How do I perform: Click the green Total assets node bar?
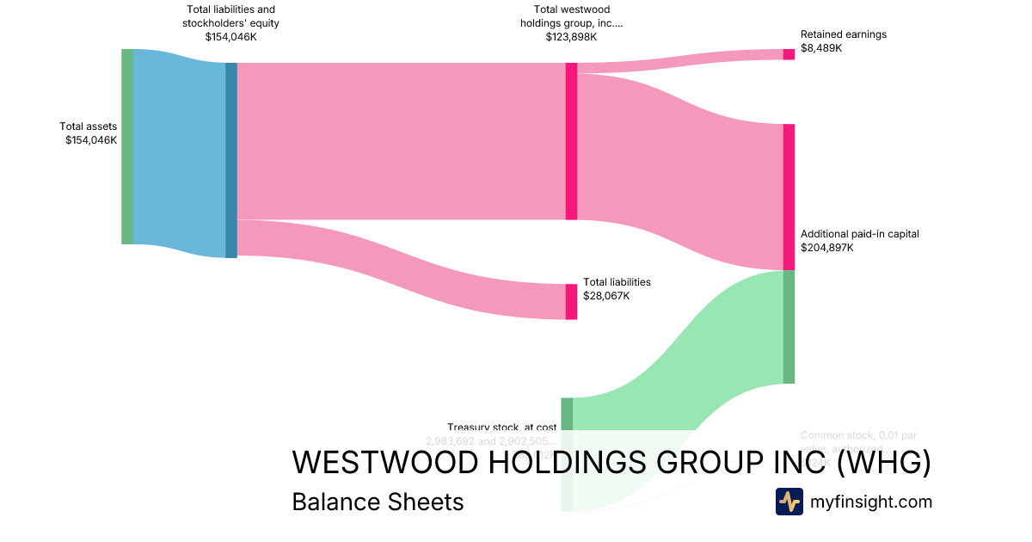[127, 146]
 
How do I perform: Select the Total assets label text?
[88, 126]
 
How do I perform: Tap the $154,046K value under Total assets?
[91, 140]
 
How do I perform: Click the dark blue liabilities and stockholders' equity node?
[230, 160]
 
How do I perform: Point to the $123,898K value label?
[571, 37]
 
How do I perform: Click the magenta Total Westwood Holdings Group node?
[571, 141]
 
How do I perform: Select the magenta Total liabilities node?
[571, 301]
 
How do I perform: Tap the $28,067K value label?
[606, 296]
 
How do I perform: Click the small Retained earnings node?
[789, 54]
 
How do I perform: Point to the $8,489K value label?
[821, 48]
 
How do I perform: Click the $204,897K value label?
[826, 248]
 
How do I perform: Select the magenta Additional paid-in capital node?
[789, 197]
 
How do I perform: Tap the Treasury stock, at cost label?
[501, 428]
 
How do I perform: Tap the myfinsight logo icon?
[789, 502]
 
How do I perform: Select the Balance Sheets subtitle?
[378, 502]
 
